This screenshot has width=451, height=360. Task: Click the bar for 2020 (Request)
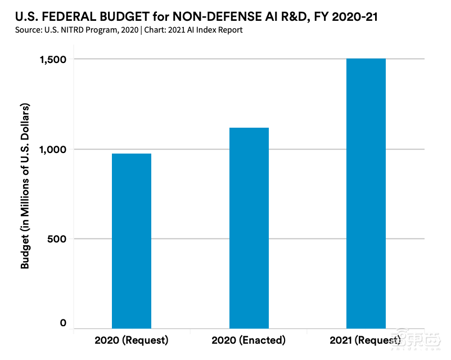click(132, 241)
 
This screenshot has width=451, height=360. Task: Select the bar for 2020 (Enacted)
click(249, 228)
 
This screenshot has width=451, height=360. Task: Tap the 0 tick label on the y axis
click(63, 323)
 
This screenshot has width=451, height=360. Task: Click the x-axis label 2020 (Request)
click(132, 340)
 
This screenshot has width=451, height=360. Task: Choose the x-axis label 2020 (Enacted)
click(249, 340)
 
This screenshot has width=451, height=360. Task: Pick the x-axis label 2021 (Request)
click(366, 340)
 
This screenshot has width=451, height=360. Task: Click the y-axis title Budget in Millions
click(25, 186)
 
